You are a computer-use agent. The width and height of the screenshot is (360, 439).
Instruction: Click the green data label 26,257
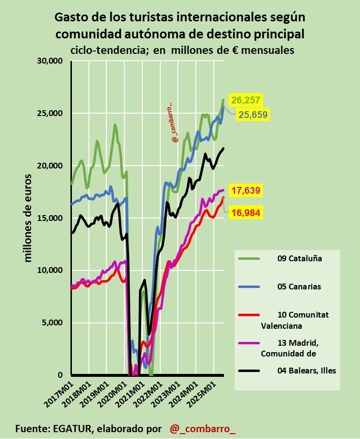pyautogui.click(x=246, y=101)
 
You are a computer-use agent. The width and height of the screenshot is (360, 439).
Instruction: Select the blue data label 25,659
pyautogui.click(x=252, y=115)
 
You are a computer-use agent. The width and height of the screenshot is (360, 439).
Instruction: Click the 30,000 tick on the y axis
pyautogui.click(x=51, y=61)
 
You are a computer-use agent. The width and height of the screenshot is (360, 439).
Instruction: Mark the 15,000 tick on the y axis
pyautogui.click(x=51, y=218)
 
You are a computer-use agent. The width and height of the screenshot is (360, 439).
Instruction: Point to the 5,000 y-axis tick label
pyautogui.click(x=53, y=323)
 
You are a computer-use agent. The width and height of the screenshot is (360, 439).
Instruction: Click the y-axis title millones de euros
pyautogui.click(x=28, y=218)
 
